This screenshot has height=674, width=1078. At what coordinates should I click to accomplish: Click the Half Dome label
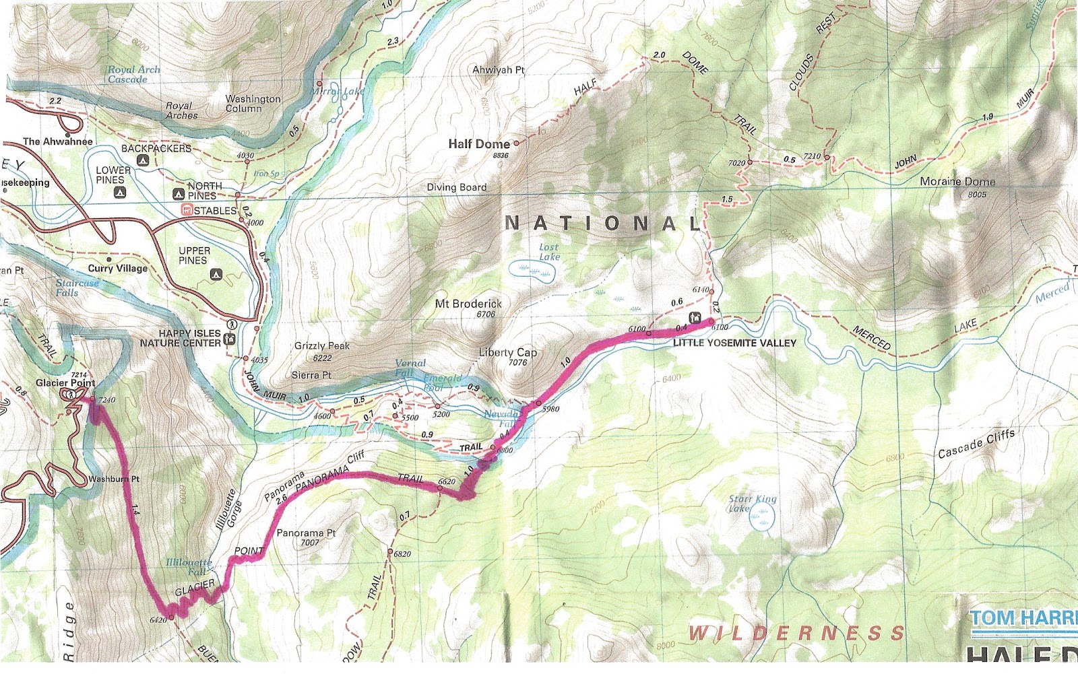click(x=479, y=143)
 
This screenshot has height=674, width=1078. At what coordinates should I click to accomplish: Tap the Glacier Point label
click(x=65, y=382)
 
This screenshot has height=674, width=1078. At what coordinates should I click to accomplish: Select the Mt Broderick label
click(x=468, y=304)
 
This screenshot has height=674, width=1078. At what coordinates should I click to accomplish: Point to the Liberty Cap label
click(x=508, y=352)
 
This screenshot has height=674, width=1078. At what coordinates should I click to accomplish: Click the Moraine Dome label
click(x=957, y=182)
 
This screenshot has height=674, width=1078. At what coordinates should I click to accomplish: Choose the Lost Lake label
click(x=549, y=252)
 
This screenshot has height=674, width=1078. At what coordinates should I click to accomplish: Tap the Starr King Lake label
click(x=752, y=504)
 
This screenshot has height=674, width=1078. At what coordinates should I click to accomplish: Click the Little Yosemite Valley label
click(x=734, y=343)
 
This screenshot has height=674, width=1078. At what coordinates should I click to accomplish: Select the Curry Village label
click(x=118, y=268)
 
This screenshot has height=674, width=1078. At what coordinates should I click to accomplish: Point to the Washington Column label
click(x=253, y=103)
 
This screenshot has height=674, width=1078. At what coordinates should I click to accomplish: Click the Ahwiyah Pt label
click(x=499, y=70)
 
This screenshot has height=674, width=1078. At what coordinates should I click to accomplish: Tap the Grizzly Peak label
click(x=322, y=345)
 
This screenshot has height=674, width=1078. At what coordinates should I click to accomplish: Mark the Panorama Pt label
click(x=306, y=533)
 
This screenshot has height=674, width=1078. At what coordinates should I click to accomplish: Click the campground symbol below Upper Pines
click(x=216, y=274)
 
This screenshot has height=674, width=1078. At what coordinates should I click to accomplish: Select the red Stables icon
click(x=187, y=211)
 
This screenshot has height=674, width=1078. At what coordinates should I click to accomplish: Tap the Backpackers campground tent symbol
click(x=142, y=161)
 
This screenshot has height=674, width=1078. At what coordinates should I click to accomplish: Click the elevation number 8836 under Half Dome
click(x=500, y=156)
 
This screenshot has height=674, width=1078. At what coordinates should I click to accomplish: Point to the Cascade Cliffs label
click(x=976, y=444)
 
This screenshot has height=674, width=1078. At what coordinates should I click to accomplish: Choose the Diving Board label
click(x=456, y=187)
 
